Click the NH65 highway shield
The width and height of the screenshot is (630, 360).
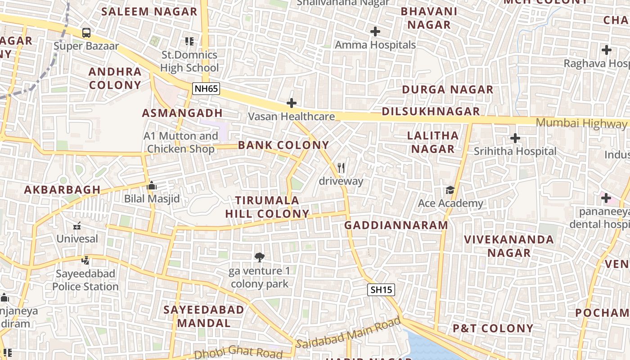[x=206, y=89]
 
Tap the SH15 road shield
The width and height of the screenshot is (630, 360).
[x=381, y=290]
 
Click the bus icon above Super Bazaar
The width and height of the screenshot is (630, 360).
[x=86, y=33]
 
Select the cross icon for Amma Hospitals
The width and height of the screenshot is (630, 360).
[x=375, y=31]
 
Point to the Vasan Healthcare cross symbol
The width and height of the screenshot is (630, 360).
[x=292, y=103]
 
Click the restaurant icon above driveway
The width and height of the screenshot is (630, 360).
[x=341, y=168]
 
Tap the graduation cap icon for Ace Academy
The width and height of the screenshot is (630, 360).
[x=450, y=190]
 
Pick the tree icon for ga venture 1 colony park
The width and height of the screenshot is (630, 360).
[x=259, y=257]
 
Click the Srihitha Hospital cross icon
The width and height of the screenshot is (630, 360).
[x=515, y=138]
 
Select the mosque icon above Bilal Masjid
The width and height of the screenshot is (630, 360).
[x=152, y=185]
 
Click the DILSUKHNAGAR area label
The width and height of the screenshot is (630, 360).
[x=431, y=112]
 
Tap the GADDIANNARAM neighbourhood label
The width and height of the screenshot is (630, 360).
[x=396, y=225]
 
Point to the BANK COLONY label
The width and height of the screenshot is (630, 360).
[x=283, y=145]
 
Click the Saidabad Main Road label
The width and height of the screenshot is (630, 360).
[x=349, y=333]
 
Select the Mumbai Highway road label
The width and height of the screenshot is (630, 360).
[x=580, y=123]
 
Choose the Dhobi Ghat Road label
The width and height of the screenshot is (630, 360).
[x=238, y=352]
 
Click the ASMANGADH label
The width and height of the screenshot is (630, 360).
[x=182, y=113]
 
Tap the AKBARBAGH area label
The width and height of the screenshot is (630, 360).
[x=62, y=189]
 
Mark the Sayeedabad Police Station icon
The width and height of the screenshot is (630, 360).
[x=85, y=260]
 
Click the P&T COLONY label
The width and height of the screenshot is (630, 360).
[x=493, y=328]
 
